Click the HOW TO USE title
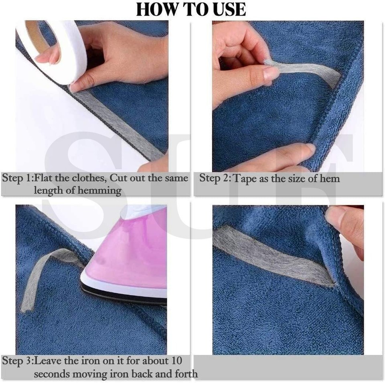[x=191, y=9]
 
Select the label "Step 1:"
[x=17, y=178]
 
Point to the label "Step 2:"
[x=215, y=178]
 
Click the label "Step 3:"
[x=17, y=361]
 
